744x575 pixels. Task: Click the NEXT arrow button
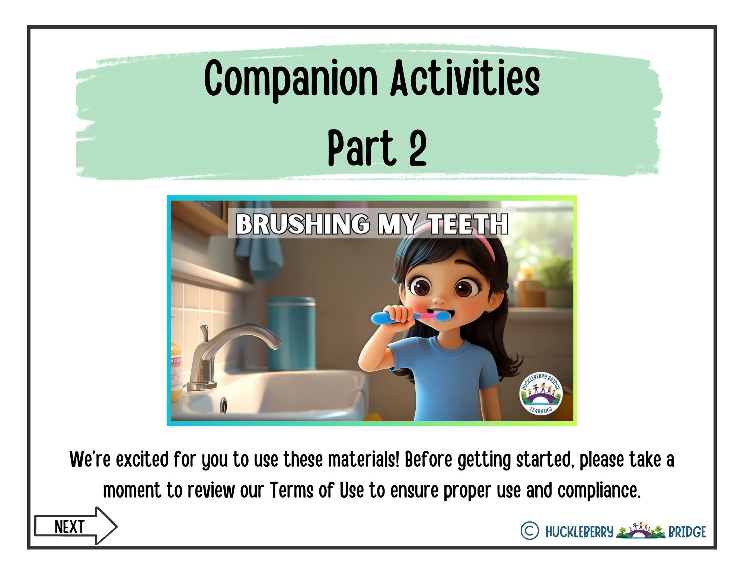[76, 526]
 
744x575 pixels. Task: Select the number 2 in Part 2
[418, 147]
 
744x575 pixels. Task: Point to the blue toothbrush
[409, 317]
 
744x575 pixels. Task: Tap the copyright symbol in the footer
[530, 531]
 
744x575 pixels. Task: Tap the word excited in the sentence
[142, 460]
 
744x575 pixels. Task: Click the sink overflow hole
[224, 405]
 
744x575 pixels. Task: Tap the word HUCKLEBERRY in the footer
[579, 532]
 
